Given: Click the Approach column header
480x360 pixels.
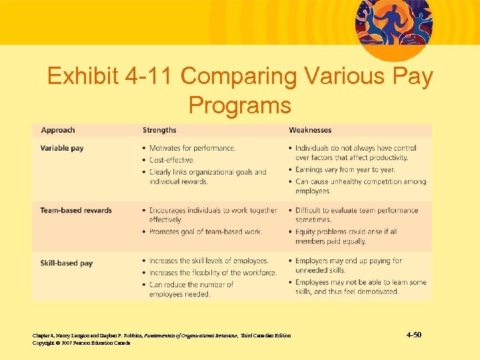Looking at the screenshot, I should tap(57, 130).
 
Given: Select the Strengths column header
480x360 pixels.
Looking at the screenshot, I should tap(159, 130).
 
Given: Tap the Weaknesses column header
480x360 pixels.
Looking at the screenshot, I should tap(310, 130).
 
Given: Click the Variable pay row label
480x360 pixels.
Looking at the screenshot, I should tap(62, 148).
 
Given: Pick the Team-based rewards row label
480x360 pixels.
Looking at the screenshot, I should tap(76, 211).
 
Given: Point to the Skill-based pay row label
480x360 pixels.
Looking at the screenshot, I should tap(67, 263).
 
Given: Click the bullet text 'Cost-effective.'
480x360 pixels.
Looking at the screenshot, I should tap(172, 160).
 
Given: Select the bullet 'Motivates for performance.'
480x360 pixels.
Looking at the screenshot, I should tap(192, 148).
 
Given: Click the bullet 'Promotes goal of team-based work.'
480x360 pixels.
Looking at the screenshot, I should tap(205, 231).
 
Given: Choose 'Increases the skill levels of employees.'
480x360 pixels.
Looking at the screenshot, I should tap(209, 261).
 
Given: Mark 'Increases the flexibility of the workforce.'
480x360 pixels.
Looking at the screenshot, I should tap(213, 273).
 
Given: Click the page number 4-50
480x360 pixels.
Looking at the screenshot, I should tap(413, 334).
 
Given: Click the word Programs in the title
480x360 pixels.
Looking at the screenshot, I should tap(240, 105).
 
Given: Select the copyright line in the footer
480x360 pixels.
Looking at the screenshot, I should tap(81, 343).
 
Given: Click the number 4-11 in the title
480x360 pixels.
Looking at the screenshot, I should tap(152, 77).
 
